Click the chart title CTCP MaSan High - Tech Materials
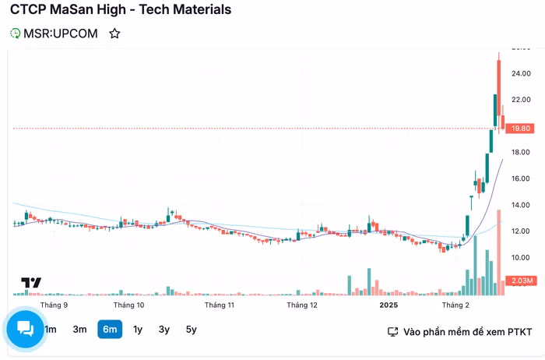pyautogui.click(x=121, y=10)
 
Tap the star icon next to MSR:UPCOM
pyautogui.click(x=114, y=34)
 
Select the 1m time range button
pyautogui.click(x=51, y=330)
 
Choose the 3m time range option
pyautogui.click(x=79, y=330)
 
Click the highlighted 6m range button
pyautogui.click(x=110, y=330)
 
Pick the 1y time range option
pyautogui.click(x=138, y=330)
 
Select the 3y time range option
pyautogui.click(x=164, y=330)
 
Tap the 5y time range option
pyautogui.click(x=192, y=330)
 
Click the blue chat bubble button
pyautogui.click(x=25, y=328)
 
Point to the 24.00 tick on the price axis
pyautogui.click(x=522, y=73)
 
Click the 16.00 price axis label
pyautogui.click(x=522, y=178)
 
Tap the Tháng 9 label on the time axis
pyautogui.click(x=54, y=305)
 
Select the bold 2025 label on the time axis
pyautogui.click(x=389, y=305)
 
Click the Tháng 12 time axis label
pyautogui.click(x=301, y=305)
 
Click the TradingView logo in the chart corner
pyautogui.click(x=30, y=283)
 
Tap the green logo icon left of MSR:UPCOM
pyautogui.click(x=15, y=34)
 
